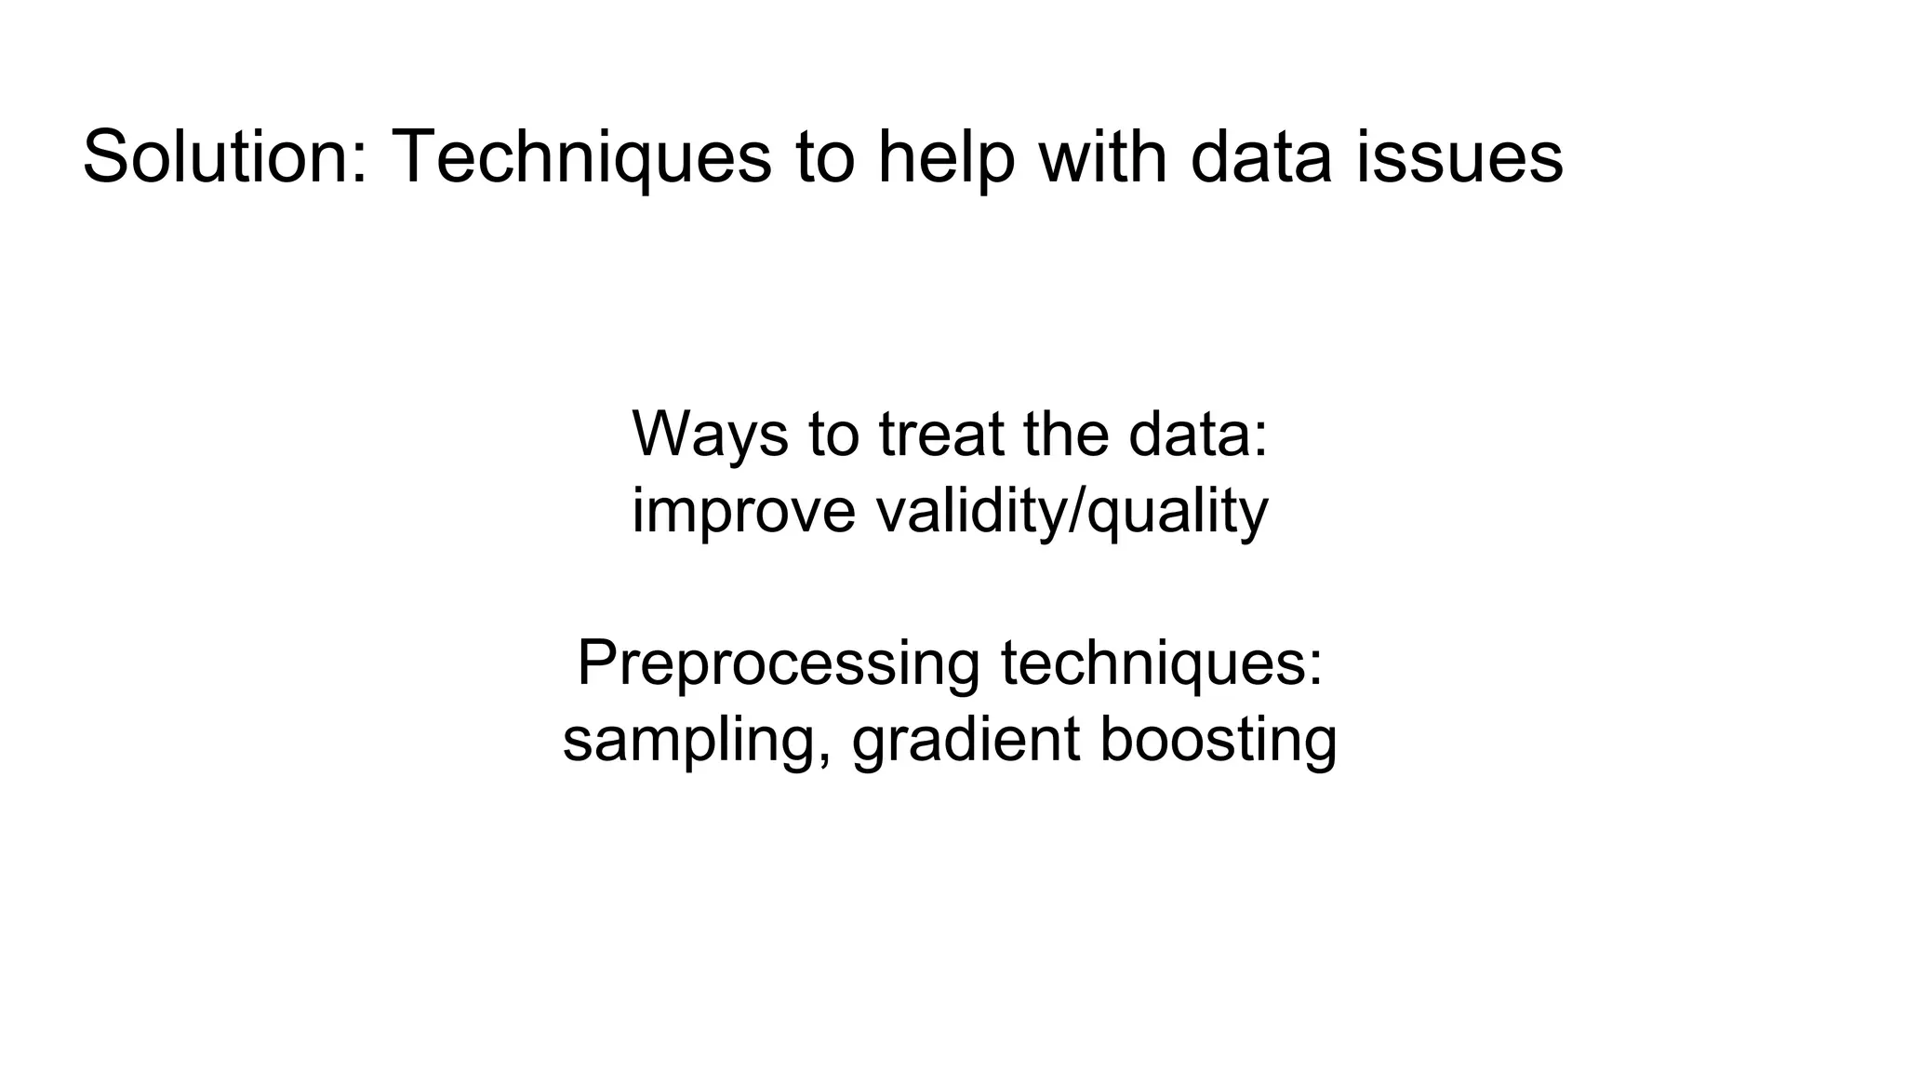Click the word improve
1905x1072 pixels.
point(743,512)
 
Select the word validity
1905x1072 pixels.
point(970,512)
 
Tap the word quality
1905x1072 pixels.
point(1178,512)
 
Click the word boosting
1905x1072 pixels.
point(1219,742)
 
